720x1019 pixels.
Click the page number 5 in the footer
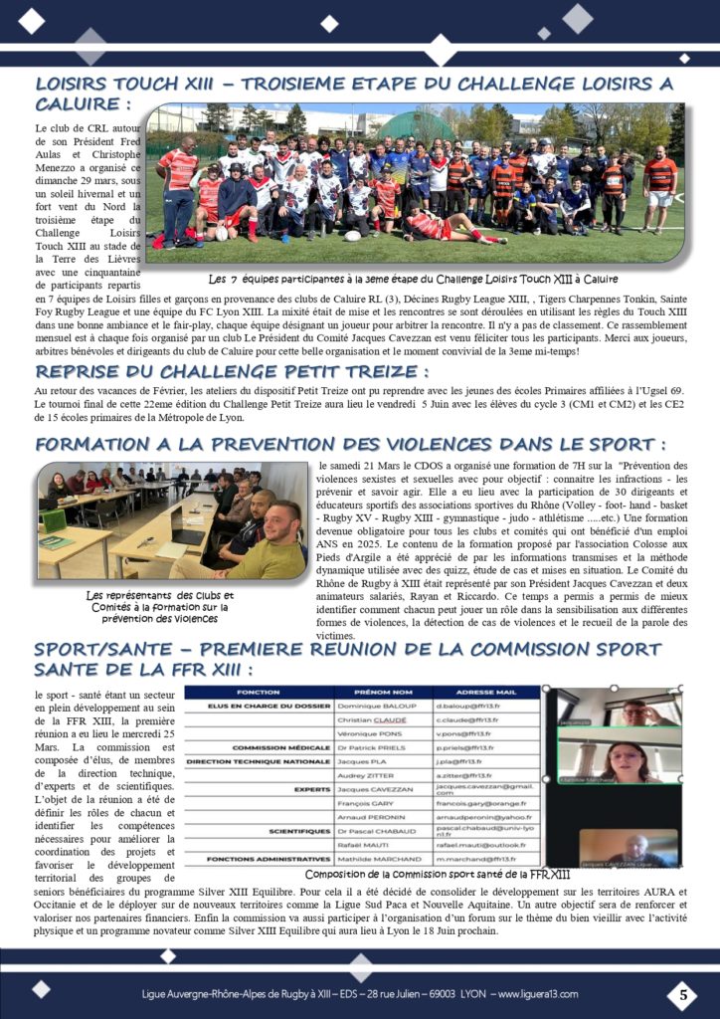tap(682, 993)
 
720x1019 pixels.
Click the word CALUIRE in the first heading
tap(81, 103)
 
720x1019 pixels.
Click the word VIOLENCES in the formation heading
tap(445, 443)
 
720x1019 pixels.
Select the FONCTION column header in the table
tap(258, 693)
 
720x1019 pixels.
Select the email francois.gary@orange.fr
tap(484, 802)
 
